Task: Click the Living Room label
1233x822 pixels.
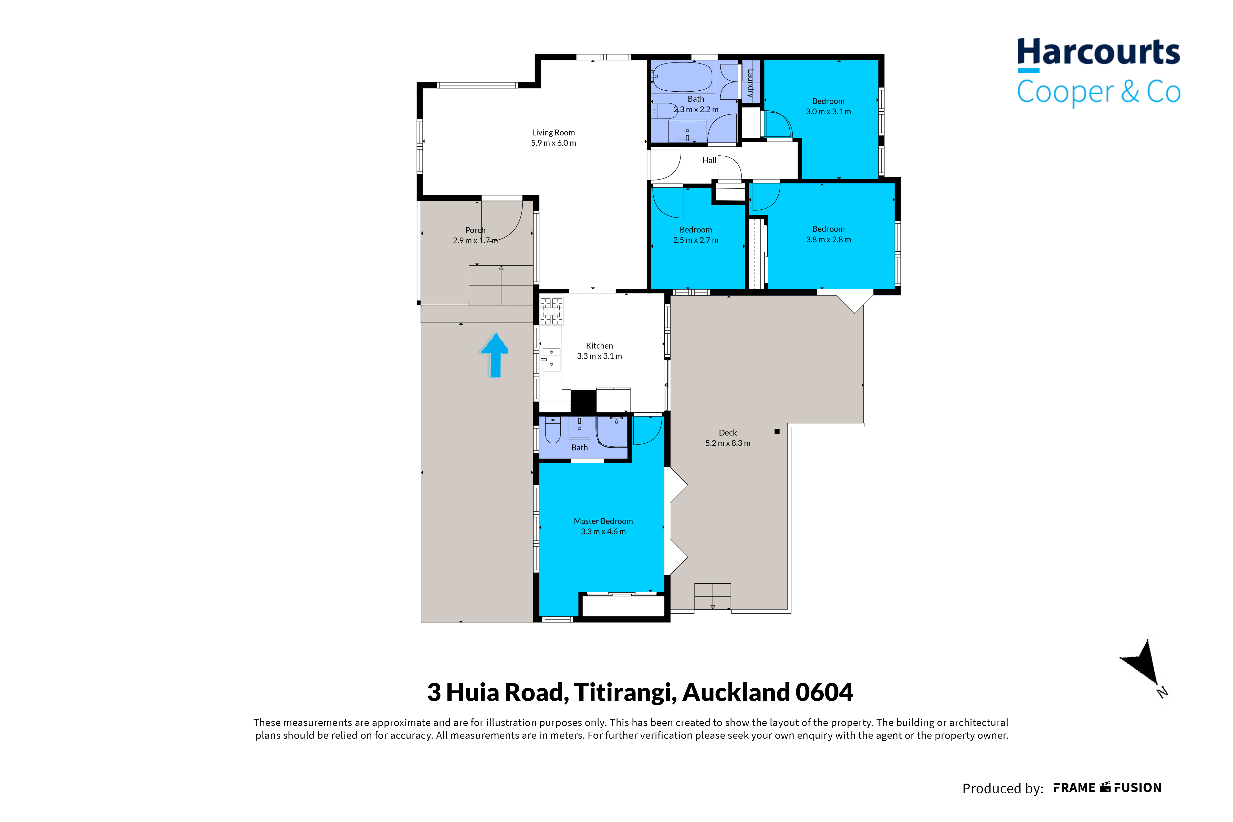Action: coord(553,133)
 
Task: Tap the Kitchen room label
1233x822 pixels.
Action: coord(599,346)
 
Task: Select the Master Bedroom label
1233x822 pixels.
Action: coord(603,521)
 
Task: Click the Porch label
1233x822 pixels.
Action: coord(475,230)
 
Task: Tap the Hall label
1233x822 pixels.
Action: coord(709,161)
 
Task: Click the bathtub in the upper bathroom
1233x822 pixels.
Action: coord(682,78)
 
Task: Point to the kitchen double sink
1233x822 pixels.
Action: coord(551,359)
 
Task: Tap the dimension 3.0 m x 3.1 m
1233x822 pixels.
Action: coord(828,112)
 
